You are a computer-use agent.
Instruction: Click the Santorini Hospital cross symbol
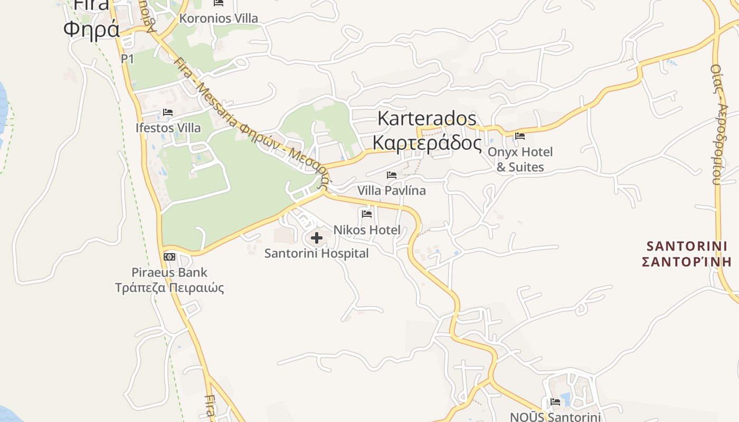[x=317, y=238]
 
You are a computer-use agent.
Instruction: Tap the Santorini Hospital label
[x=316, y=253]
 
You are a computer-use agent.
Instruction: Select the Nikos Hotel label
[x=367, y=230]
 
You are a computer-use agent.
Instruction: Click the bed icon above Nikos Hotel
[x=367, y=214]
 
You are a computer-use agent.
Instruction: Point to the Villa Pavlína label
[x=391, y=190]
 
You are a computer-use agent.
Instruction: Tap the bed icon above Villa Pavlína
[x=391, y=175]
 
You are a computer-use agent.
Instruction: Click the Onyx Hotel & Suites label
[x=520, y=159]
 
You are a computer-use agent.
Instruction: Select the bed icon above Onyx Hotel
[x=520, y=136]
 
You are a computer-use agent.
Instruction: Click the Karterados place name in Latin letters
[x=427, y=118]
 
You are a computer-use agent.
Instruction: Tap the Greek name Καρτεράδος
[x=427, y=142]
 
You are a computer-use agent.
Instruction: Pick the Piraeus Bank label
[x=169, y=272]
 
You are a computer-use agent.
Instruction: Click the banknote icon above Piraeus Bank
[x=169, y=257]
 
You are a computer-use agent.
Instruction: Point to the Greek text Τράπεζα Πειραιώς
[x=169, y=287]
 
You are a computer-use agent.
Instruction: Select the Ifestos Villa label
[x=168, y=128]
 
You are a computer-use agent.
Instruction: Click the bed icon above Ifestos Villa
[x=168, y=112]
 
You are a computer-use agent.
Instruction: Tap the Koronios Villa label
[x=219, y=18]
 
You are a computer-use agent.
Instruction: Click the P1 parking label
[x=127, y=59]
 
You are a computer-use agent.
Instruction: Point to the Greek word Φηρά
[x=91, y=30]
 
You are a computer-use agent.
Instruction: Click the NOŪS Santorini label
[x=555, y=417]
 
